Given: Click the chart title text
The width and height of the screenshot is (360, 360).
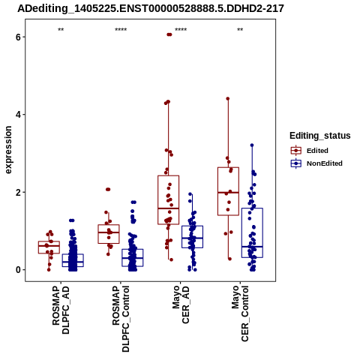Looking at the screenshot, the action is point(151,8).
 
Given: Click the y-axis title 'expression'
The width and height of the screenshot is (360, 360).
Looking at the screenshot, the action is point(8,150).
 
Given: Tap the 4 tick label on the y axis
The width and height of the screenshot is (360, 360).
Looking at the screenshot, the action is point(18,115).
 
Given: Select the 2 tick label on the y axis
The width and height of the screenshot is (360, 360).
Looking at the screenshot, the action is point(18,193).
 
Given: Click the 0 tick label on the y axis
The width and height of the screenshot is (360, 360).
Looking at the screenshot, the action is point(18,270).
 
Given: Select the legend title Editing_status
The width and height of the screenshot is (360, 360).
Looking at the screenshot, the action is point(320,136).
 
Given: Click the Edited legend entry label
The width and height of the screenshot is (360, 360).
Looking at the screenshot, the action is point(317,151).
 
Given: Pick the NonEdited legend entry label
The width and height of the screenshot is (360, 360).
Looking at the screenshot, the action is point(325,163).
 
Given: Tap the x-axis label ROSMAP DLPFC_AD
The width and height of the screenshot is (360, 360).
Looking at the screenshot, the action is point(61,310).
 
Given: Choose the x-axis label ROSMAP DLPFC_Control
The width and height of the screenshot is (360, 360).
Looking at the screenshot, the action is point(121,319).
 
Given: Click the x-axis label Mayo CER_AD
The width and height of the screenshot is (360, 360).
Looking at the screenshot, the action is point(181,304).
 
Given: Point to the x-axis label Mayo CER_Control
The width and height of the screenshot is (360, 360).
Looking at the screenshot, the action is point(240,313).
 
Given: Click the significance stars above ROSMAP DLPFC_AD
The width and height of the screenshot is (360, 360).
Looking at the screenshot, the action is point(61,30).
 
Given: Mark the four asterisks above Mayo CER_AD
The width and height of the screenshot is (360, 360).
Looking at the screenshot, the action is point(181,30).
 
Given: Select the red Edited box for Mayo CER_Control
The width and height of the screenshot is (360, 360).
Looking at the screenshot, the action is point(228,191).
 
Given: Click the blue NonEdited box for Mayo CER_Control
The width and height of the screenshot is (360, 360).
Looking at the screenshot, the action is point(252,232).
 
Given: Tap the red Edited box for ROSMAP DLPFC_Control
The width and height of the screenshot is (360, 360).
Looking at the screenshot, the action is point(109,234).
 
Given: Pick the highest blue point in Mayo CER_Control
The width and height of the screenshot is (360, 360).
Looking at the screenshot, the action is point(252,145).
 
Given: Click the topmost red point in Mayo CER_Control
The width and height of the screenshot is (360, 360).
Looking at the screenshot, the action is point(228,99).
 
